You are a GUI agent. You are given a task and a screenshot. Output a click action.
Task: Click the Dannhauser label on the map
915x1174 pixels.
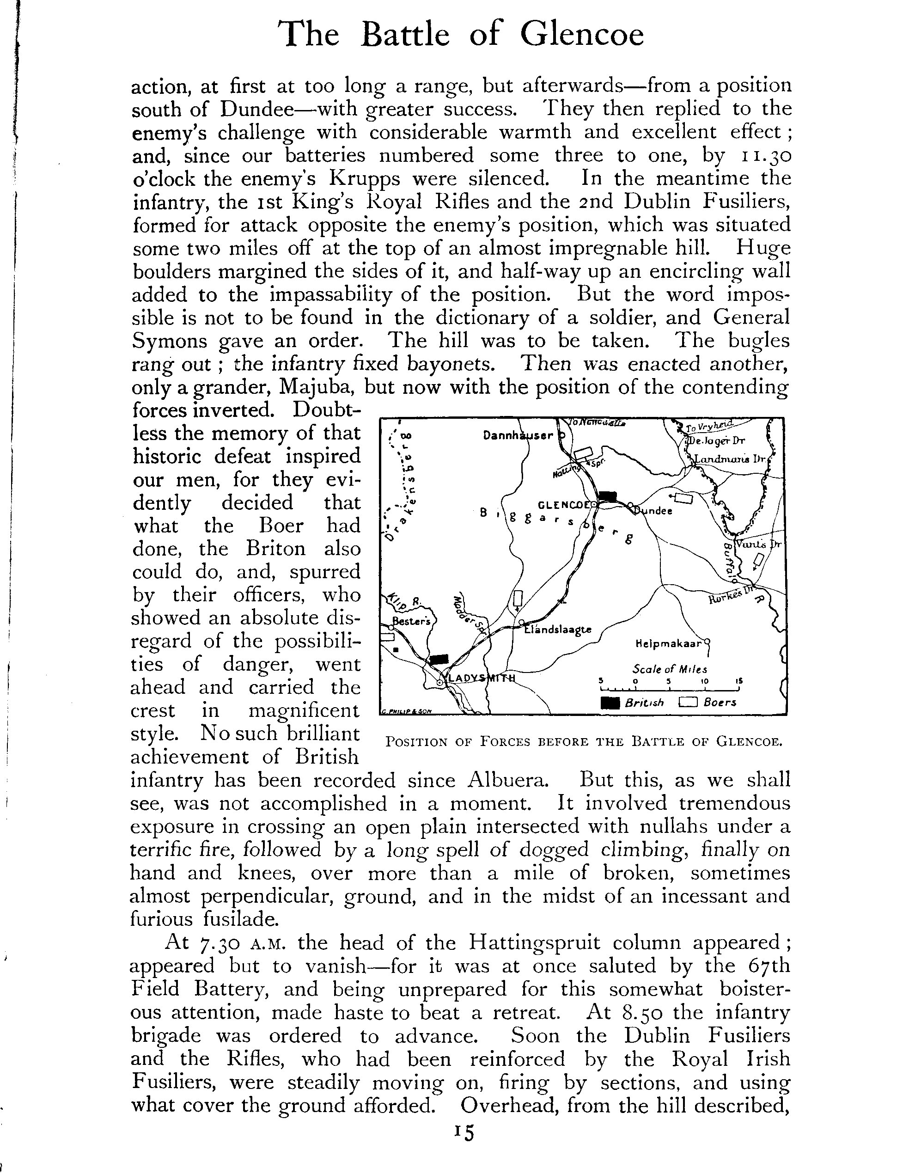click(x=518, y=436)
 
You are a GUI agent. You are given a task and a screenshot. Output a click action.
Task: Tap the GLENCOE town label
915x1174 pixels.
click(x=563, y=505)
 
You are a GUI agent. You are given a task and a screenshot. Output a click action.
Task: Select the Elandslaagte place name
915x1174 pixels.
click(x=558, y=630)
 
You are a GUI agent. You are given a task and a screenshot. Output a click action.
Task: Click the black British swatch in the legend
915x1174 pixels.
click(x=610, y=703)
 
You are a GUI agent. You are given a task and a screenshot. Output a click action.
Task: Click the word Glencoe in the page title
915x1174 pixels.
click(x=582, y=36)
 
